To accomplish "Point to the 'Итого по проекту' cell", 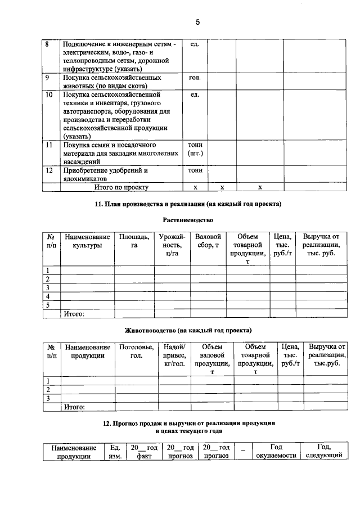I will click(121, 187).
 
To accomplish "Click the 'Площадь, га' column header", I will click(134, 241).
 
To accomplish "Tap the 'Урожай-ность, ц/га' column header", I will click(172, 245).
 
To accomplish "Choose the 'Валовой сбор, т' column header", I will click(206, 241).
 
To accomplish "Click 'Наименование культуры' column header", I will click(87, 241).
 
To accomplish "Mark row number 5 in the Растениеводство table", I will click(48, 305).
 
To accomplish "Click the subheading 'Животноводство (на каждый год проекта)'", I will click(188, 330).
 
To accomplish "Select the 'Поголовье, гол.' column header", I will click(136, 352).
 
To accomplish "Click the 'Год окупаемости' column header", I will click(276, 451).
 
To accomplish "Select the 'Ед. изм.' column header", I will click(115, 451).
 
